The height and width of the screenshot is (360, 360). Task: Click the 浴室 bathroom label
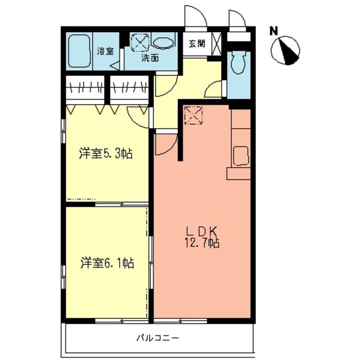click(x=105, y=51)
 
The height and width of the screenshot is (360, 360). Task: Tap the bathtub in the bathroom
click(x=79, y=51)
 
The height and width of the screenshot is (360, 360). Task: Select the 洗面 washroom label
click(x=150, y=58)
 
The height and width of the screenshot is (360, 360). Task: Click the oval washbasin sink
click(x=163, y=43)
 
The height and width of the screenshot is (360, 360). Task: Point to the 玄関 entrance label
click(x=197, y=43)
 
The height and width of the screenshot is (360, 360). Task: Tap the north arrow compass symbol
click(x=285, y=51)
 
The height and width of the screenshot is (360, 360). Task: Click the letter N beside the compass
click(x=274, y=31)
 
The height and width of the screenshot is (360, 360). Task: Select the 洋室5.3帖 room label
click(x=106, y=154)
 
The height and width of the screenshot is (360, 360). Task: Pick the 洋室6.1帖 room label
click(x=107, y=263)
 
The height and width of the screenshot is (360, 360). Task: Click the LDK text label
click(x=201, y=231)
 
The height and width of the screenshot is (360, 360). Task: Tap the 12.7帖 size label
click(x=202, y=243)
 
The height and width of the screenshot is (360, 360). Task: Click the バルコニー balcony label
click(x=157, y=337)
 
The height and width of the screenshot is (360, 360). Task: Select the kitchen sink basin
click(x=241, y=156)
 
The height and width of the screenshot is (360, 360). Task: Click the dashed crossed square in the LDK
click(x=193, y=115)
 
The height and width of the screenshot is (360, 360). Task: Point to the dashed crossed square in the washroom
click(x=140, y=43)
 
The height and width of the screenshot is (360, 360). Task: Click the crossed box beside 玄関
click(x=216, y=44)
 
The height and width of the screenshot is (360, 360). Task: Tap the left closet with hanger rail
click(x=85, y=88)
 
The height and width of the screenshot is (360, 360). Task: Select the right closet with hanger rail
click(x=129, y=88)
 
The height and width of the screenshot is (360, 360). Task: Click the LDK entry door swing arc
click(x=170, y=147)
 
